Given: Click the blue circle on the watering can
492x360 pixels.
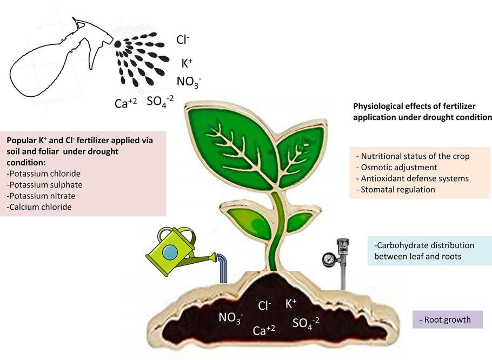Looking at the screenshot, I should [171, 253].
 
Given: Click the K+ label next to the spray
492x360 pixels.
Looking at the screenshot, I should [187, 63].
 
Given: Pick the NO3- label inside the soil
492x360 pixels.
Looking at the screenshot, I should [231, 318].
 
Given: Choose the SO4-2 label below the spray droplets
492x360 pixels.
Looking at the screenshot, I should [160, 101].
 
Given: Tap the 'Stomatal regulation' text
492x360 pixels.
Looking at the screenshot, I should [398, 190].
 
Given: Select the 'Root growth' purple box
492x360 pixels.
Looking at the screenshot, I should [447, 319].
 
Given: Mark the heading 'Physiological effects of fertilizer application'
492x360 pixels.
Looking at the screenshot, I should [422, 111].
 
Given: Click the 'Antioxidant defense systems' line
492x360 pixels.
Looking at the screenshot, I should [415, 178].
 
